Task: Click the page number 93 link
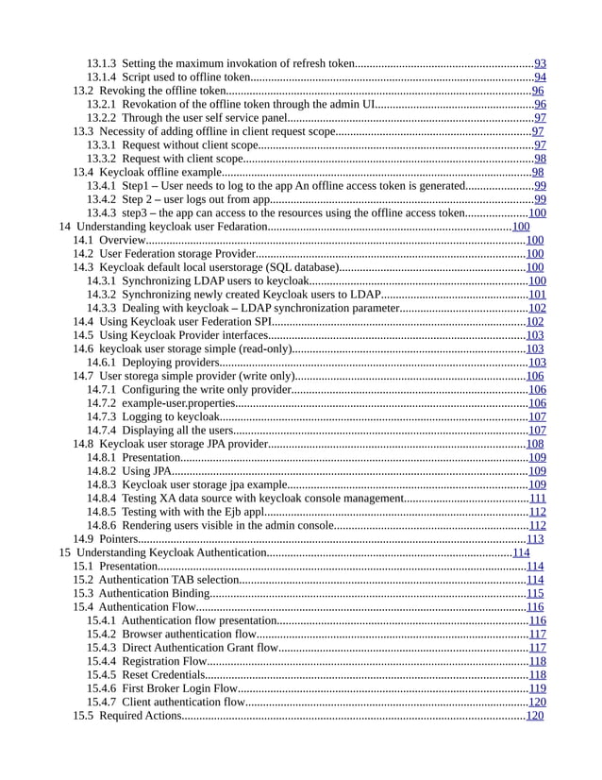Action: pyautogui.click(x=540, y=64)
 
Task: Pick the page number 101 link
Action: pyautogui.click(x=536, y=295)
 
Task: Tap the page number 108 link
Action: pyautogui.click(x=534, y=444)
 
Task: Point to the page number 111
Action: pyautogui.click(x=537, y=498)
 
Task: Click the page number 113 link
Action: pyautogui.click(x=534, y=539)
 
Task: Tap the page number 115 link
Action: pyautogui.click(x=534, y=593)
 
